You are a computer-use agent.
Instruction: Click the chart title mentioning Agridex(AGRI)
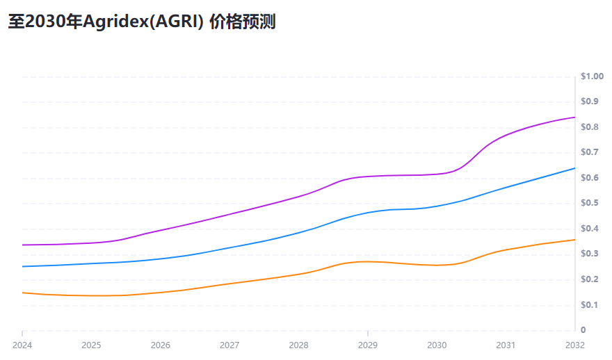(x=142, y=22)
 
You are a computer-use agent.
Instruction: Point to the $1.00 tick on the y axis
(x=593, y=76)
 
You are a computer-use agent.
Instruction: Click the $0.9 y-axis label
(x=590, y=101)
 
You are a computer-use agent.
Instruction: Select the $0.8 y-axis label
(x=590, y=127)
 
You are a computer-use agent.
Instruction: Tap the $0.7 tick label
(x=590, y=152)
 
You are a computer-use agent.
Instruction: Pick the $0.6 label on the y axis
(x=590, y=178)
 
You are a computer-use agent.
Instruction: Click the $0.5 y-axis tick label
(x=590, y=203)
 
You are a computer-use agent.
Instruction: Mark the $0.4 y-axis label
(x=590, y=229)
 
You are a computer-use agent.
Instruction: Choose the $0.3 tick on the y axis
(x=590, y=254)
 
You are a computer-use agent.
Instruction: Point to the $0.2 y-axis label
(x=590, y=279)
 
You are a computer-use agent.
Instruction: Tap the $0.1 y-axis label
(x=590, y=305)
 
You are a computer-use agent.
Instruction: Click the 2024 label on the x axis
(x=22, y=345)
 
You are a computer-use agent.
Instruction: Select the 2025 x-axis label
(x=91, y=345)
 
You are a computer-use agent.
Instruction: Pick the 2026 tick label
(x=160, y=345)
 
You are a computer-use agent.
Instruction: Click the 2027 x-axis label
(x=229, y=345)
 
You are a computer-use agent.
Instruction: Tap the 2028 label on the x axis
(x=298, y=345)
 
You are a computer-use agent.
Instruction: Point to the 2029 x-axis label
(x=367, y=345)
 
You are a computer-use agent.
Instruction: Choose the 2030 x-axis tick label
(x=437, y=345)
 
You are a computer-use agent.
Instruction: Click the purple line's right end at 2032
(x=574, y=117)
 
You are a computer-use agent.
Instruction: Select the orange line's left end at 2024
(x=23, y=293)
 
